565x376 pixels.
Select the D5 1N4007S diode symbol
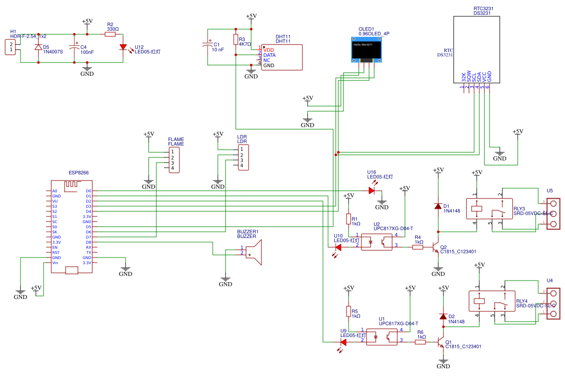(38, 47)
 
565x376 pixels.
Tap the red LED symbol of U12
(123, 47)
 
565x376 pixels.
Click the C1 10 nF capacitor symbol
(208, 44)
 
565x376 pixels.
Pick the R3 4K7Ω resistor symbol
(236, 39)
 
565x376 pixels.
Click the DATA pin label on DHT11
(269, 55)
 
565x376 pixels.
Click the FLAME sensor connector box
(174, 160)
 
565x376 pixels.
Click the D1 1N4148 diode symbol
(438, 206)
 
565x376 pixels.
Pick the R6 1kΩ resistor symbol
(420, 342)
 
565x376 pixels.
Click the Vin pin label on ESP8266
(55, 263)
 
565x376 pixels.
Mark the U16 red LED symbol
(372, 190)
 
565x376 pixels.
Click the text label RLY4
(521, 301)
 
